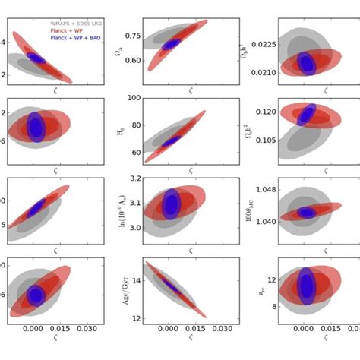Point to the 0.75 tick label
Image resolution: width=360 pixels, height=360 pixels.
[132, 36]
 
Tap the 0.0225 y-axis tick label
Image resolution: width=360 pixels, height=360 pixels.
[261, 44]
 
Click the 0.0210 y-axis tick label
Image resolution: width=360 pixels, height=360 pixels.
[261, 73]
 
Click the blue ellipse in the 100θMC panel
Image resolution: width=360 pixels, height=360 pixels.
[305, 213]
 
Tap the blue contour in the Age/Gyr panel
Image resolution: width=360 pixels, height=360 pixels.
[173, 287]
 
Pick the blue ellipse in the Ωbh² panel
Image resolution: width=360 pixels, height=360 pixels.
[306, 63]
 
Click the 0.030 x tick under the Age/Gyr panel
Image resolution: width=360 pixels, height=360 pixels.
[221, 330]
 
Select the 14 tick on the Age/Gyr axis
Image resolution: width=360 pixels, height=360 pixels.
[137, 280]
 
